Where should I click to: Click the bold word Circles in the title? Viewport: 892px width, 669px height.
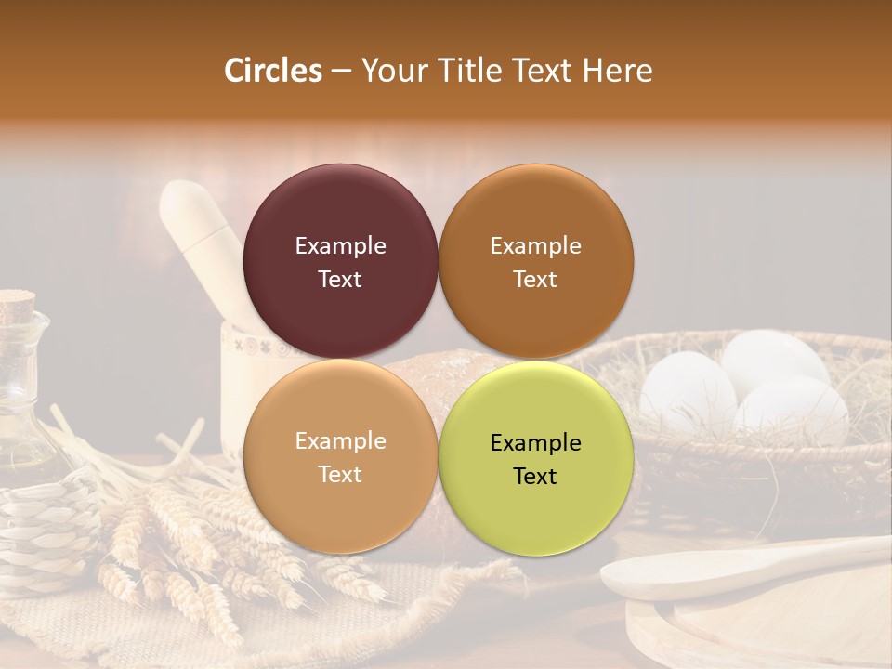273,71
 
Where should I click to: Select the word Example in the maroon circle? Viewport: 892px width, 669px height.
340,246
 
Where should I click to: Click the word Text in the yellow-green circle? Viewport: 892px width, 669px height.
535,476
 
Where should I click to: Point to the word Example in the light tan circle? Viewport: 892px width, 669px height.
340,441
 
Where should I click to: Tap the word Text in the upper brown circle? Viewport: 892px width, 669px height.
535,280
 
